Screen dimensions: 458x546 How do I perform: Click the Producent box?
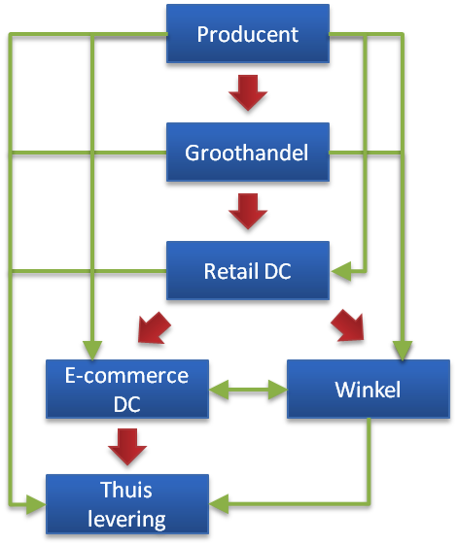248,33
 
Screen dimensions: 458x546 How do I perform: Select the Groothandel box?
248,152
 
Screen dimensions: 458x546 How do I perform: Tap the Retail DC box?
248,270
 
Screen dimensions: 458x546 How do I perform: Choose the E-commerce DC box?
127,389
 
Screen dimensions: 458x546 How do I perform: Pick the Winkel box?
369,389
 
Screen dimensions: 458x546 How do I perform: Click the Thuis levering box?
127,504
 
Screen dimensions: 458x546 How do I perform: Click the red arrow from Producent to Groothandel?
248,92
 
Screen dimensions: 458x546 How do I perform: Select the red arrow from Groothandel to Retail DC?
248,212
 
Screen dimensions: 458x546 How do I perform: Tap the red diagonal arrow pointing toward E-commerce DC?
154,328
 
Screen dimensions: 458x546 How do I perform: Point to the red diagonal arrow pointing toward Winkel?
348,325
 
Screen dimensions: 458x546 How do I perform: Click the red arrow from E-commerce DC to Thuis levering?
127,447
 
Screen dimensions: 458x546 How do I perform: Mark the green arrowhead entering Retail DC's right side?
341,271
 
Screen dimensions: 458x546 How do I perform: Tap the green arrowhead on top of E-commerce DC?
92,351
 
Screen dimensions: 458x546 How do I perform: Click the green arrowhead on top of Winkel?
403,351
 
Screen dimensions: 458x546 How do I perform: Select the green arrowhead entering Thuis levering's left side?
36,504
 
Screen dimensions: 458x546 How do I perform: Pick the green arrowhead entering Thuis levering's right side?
219,503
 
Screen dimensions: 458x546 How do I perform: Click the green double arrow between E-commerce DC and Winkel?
248,390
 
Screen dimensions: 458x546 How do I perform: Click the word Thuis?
126,490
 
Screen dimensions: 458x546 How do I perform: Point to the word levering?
126,519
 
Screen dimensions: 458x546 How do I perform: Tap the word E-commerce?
126,376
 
